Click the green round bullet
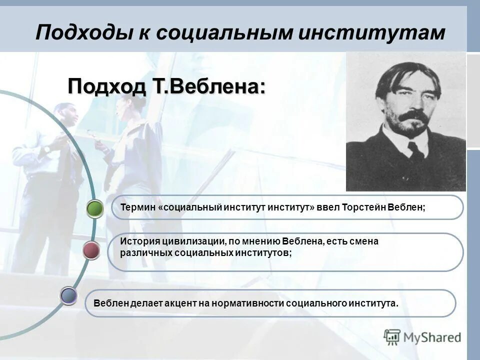(x=94, y=208)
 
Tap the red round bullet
(x=90, y=250)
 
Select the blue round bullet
(x=68, y=295)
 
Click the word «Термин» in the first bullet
(x=137, y=207)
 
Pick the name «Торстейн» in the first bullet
(x=363, y=207)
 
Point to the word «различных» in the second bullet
(x=146, y=253)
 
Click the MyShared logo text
(x=432, y=337)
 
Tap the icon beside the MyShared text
(x=392, y=337)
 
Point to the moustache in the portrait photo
(x=413, y=116)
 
